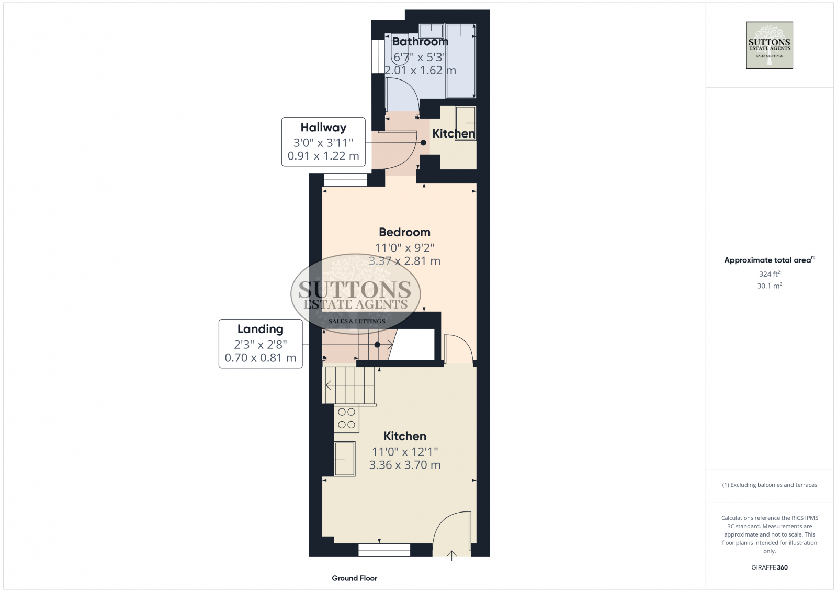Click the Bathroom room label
(x=420, y=42)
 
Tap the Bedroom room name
(x=404, y=232)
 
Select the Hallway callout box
(x=323, y=142)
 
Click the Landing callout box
(x=260, y=344)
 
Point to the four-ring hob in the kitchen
(x=346, y=418)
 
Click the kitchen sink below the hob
(x=345, y=459)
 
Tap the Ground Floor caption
(x=354, y=578)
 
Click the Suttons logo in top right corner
(x=769, y=45)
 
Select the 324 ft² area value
(x=769, y=274)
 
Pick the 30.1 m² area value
(x=769, y=286)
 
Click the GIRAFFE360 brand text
(x=769, y=567)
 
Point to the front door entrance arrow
(x=451, y=555)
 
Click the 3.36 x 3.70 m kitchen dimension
(x=404, y=465)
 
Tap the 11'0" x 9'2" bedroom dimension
(x=404, y=247)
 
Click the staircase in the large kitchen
(x=349, y=385)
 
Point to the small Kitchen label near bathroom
(x=453, y=134)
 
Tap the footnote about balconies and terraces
(x=769, y=485)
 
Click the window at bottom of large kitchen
(x=384, y=550)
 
